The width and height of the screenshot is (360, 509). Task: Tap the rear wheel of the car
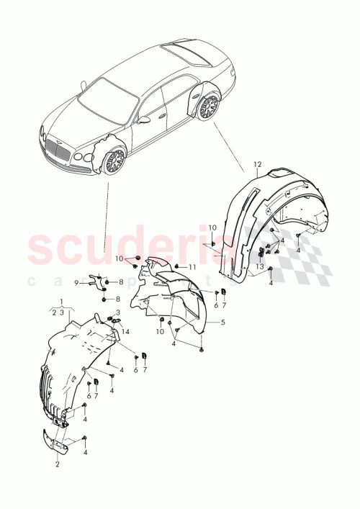pyautogui.click(x=210, y=107)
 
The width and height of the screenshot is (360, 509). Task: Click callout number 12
pyautogui.click(x=257, y=165)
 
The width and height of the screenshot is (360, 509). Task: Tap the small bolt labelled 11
pyautogui.click(x=176, y=266)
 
